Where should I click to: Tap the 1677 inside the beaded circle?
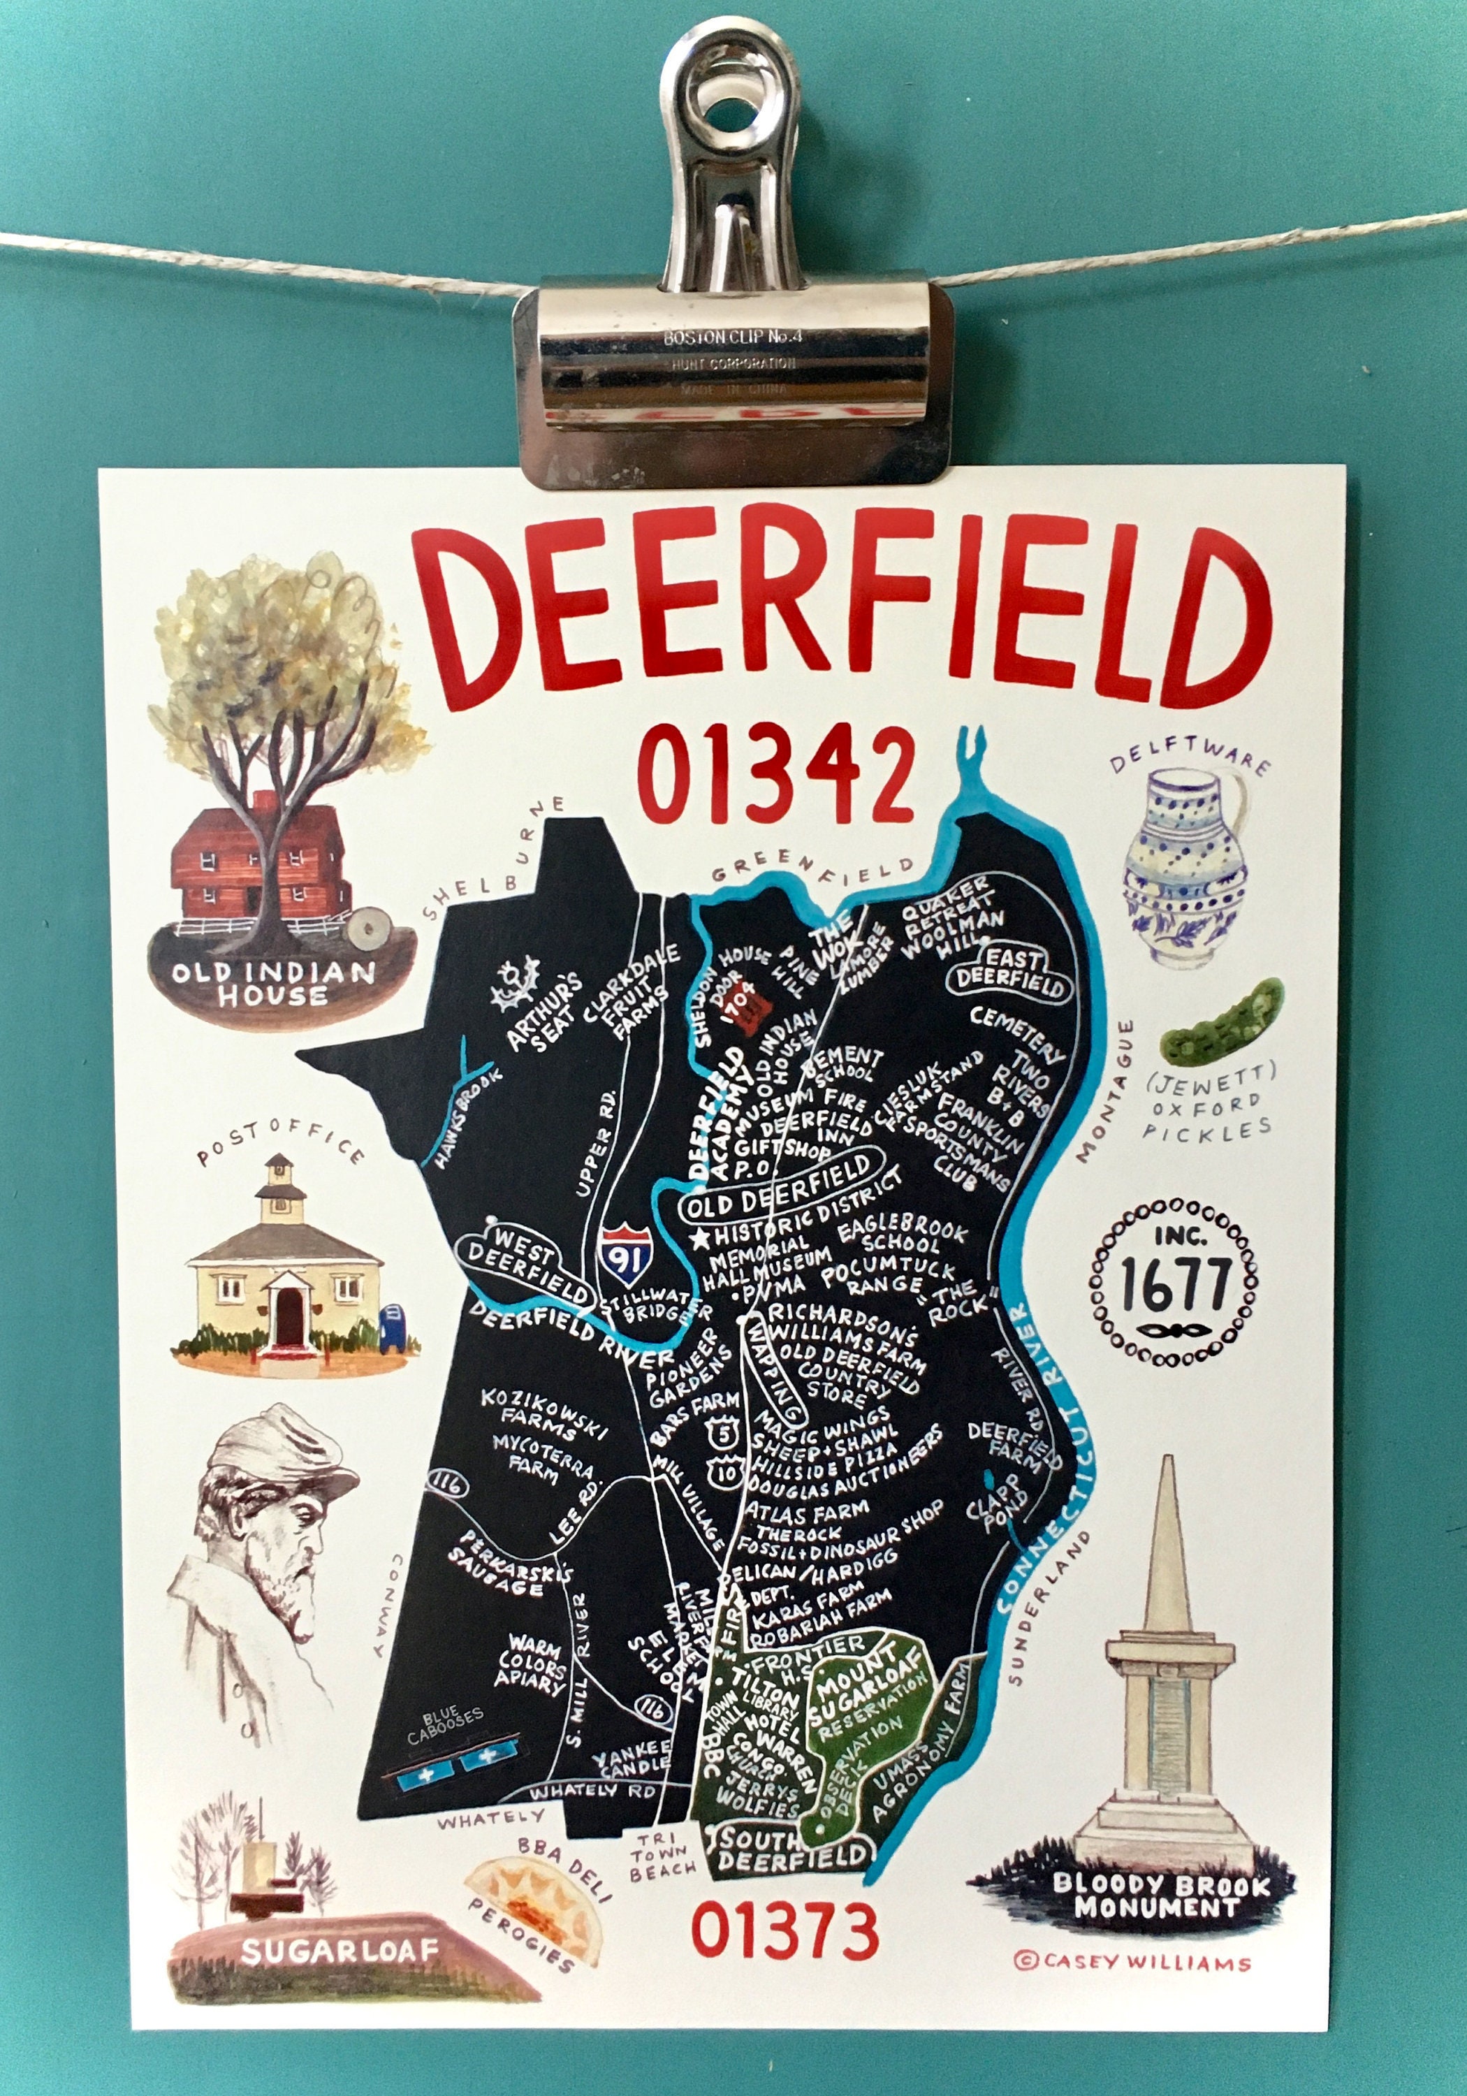[x=1175, y=1286]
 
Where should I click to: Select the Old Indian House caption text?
[x=272, y=982]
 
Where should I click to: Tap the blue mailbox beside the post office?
[x=391, y=1323]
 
